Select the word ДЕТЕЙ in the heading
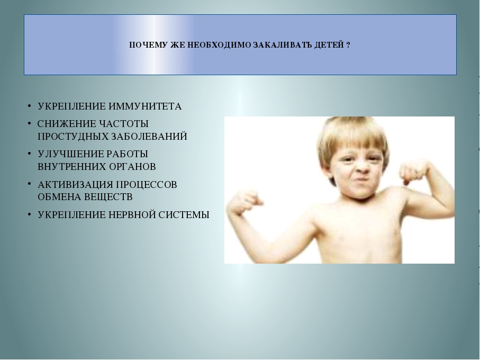tap(329, 46)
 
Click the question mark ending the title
tap(348, 46)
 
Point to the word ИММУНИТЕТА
tap(145, 106)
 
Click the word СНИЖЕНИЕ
tap(67, 124)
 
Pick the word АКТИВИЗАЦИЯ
tap(75, 185)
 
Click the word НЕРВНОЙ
tap(132, 215)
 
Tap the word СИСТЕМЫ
tap(184, 215)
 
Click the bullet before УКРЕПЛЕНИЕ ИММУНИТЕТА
tap(30, 106)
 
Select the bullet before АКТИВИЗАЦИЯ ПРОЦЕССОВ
tap(30, 184)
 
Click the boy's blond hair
tap(352, 134)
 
